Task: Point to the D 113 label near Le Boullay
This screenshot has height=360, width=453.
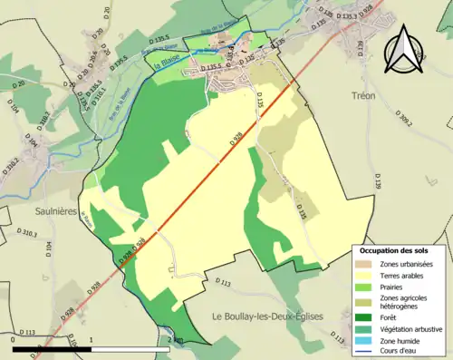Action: point(223,284)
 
